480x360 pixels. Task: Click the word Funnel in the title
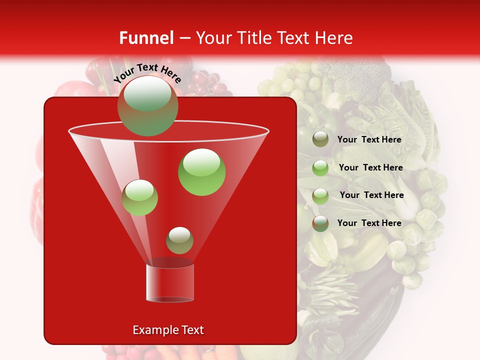(x=146, y=38)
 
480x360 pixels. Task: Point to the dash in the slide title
(x=184, y=38)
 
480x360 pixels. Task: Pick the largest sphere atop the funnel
(x=147, y=106)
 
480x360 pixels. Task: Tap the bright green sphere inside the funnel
(x=202, y=172)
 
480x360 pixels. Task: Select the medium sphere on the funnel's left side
(x=139, y=197)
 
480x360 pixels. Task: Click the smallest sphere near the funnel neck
(x=179, y=240)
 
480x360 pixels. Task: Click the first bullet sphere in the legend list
(x=320, y=139)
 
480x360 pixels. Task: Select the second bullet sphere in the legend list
(x=320, y=168)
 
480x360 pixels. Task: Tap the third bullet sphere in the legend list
(x=320, y=196)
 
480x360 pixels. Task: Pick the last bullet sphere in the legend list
(x=320, y=223)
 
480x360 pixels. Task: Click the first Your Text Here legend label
(x=369, y=139)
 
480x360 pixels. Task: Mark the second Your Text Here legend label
(x=370, y=167)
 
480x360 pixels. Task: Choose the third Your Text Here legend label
(x=371, y=195)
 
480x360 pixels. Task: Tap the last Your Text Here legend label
(x=369, y=223)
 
